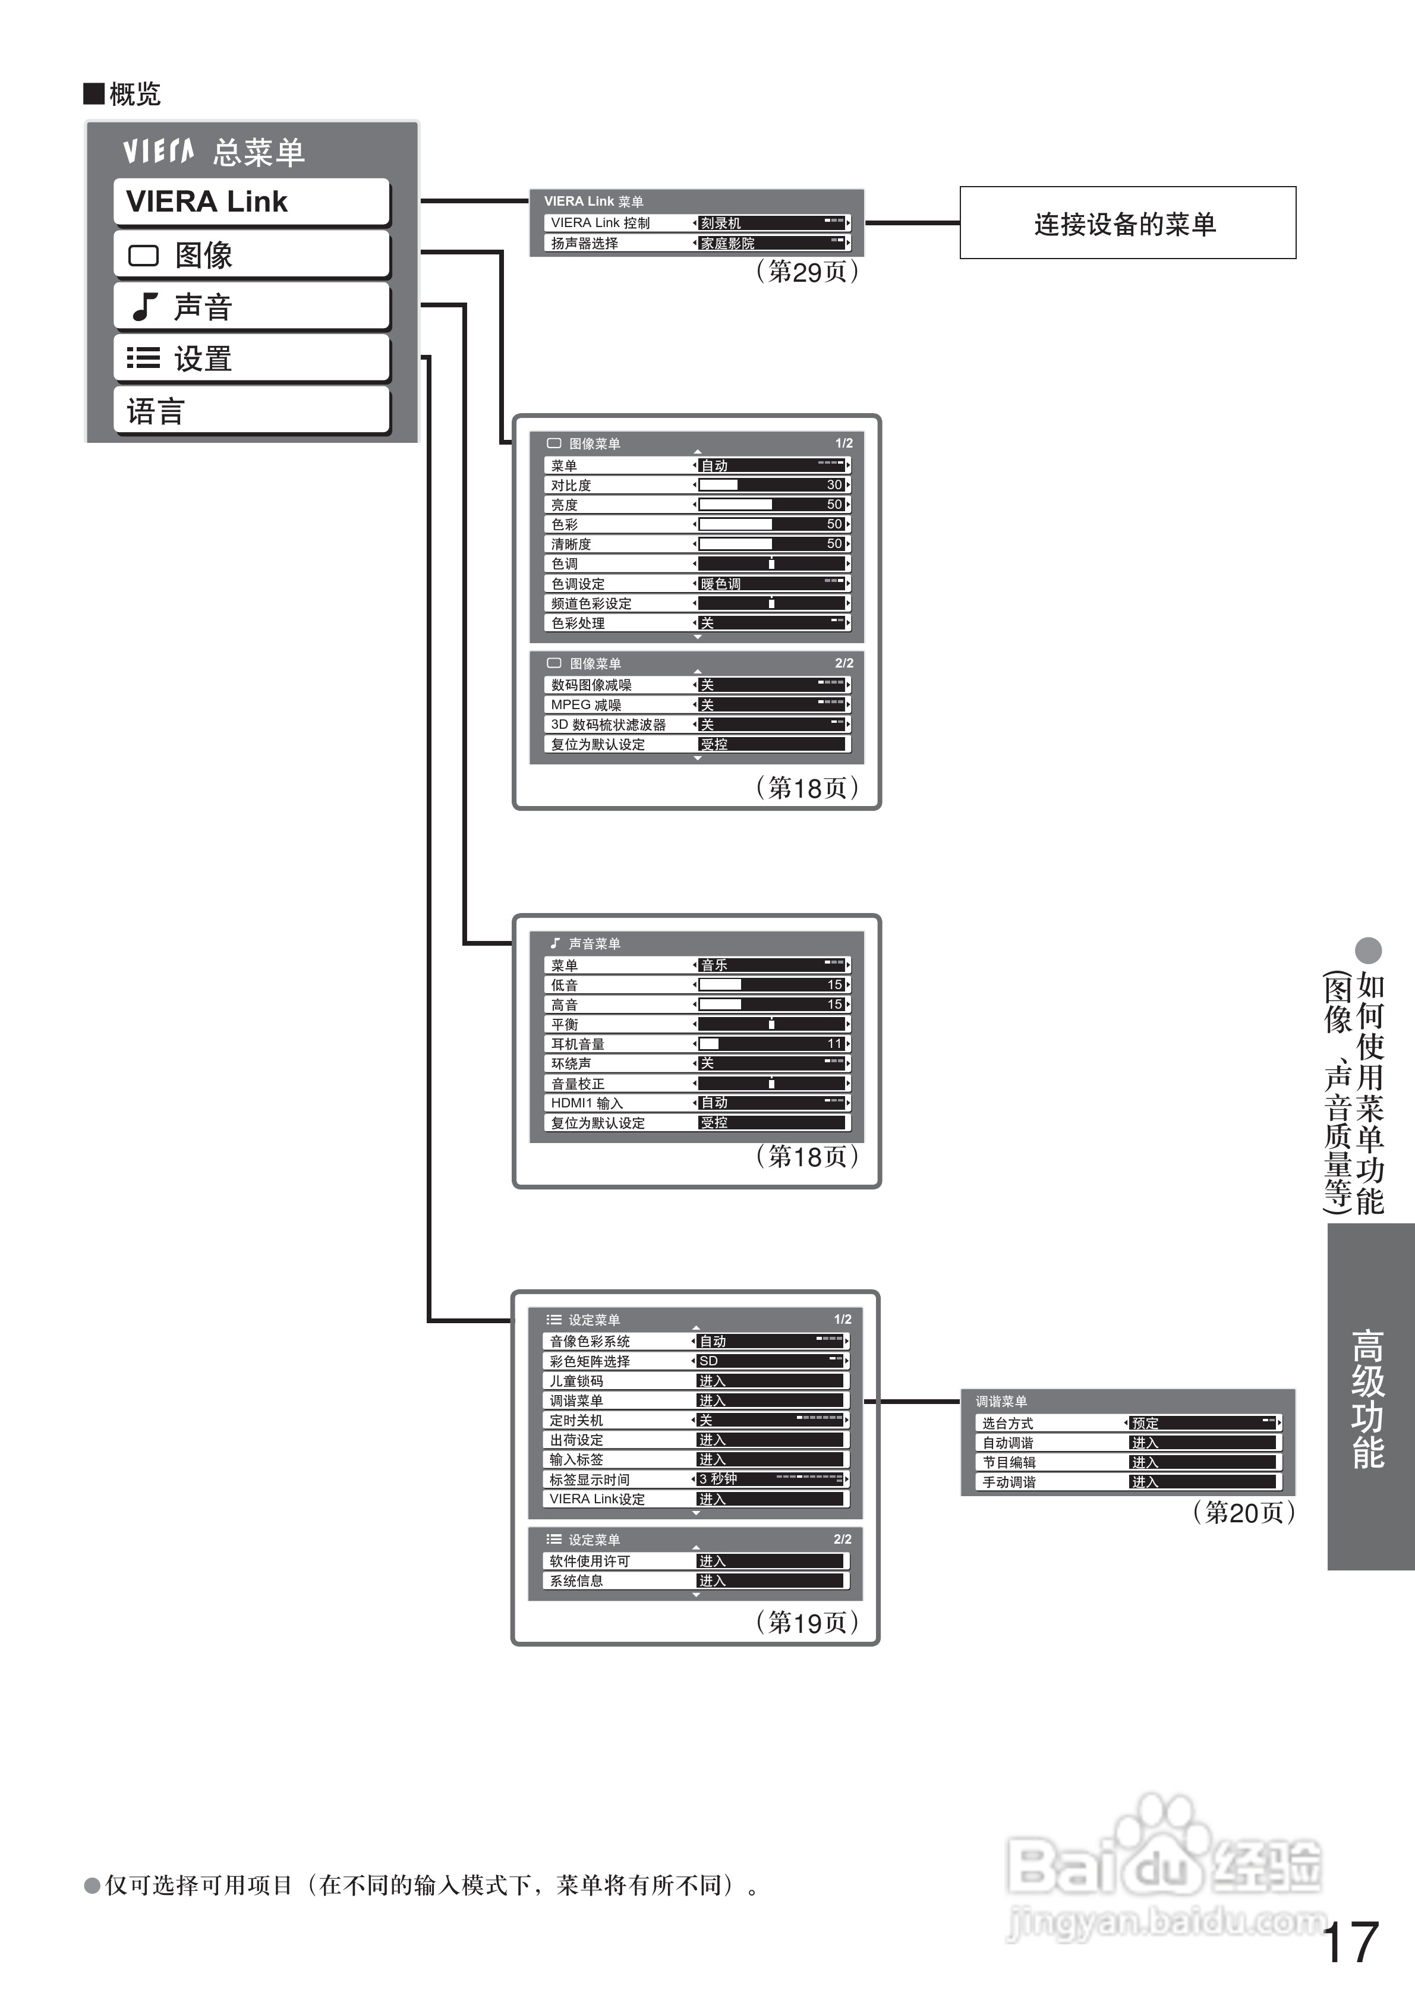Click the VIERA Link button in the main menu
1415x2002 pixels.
pos(251,202)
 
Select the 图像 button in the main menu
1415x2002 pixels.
pos(251,254)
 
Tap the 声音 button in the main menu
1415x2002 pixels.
pos(251,306)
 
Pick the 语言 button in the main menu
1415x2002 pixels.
pos(251,410)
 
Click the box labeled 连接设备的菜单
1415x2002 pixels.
pos(1127,222)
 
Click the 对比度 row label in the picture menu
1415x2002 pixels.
pos(571,486)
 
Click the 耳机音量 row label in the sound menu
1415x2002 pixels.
pos(577,1044)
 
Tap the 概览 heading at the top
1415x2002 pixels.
pos(134,93)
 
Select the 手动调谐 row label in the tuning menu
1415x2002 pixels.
pos(1009,1481)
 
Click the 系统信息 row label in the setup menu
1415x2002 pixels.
pos(576,1581)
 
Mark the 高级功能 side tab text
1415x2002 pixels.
pos(1368,1399)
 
